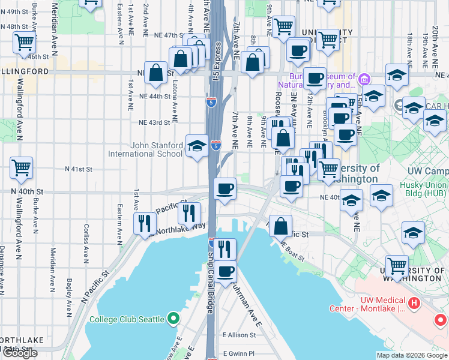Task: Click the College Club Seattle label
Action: pyautogui.click(x=127, y=319)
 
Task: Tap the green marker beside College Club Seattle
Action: pyautogui.click(x=174, y=318)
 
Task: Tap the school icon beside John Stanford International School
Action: pyautogui.click(x=197, y=146)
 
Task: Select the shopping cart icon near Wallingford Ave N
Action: pyautogui.click(x=22, y=168)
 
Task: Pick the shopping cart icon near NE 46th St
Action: pyautogui.click(x=24, y=43)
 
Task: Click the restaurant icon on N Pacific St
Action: pyautogui.click(x=145, y=223)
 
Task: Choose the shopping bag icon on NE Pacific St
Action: pyautogui.click(x=280, y=227)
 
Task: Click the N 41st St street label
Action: pyautogui.click(x=79, y=170)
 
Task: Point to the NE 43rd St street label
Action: pyautogui.click(x=155, y=122)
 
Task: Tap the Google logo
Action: pyautogui.click(x=19, y=353)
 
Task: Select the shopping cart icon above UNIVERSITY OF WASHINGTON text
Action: pyautogui.click(x=397, y=266)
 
